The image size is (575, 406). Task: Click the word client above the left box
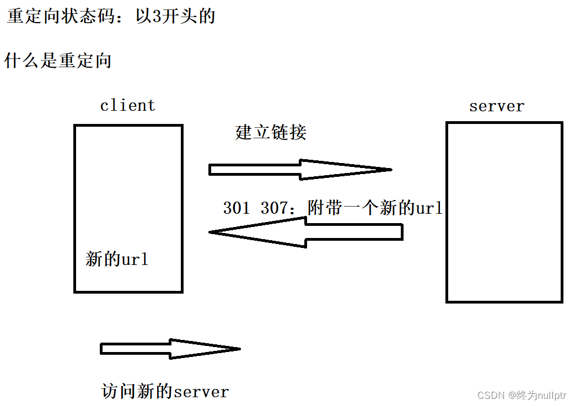tap(127, 105)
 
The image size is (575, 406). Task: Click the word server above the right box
tap(496, 106)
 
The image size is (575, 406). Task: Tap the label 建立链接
tap(271, 132)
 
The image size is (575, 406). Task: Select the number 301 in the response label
tap(237, 208)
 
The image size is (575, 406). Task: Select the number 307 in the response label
tap(275, 208)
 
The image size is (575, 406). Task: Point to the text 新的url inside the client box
tap(117, 259)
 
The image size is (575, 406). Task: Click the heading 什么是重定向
tap(58, 60)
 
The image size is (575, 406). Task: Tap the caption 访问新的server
tap(165, 391)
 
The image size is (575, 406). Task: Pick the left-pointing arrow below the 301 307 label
tap(306, 232)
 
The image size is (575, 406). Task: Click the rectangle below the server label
tap(504, 212)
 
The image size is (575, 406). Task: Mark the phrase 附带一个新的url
tap(375, 208)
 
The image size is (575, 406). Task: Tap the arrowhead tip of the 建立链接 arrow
tap(389, 170)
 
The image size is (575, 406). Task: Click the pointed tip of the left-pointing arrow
tap(212, 232)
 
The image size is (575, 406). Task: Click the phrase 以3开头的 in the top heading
tap(175, 17)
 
